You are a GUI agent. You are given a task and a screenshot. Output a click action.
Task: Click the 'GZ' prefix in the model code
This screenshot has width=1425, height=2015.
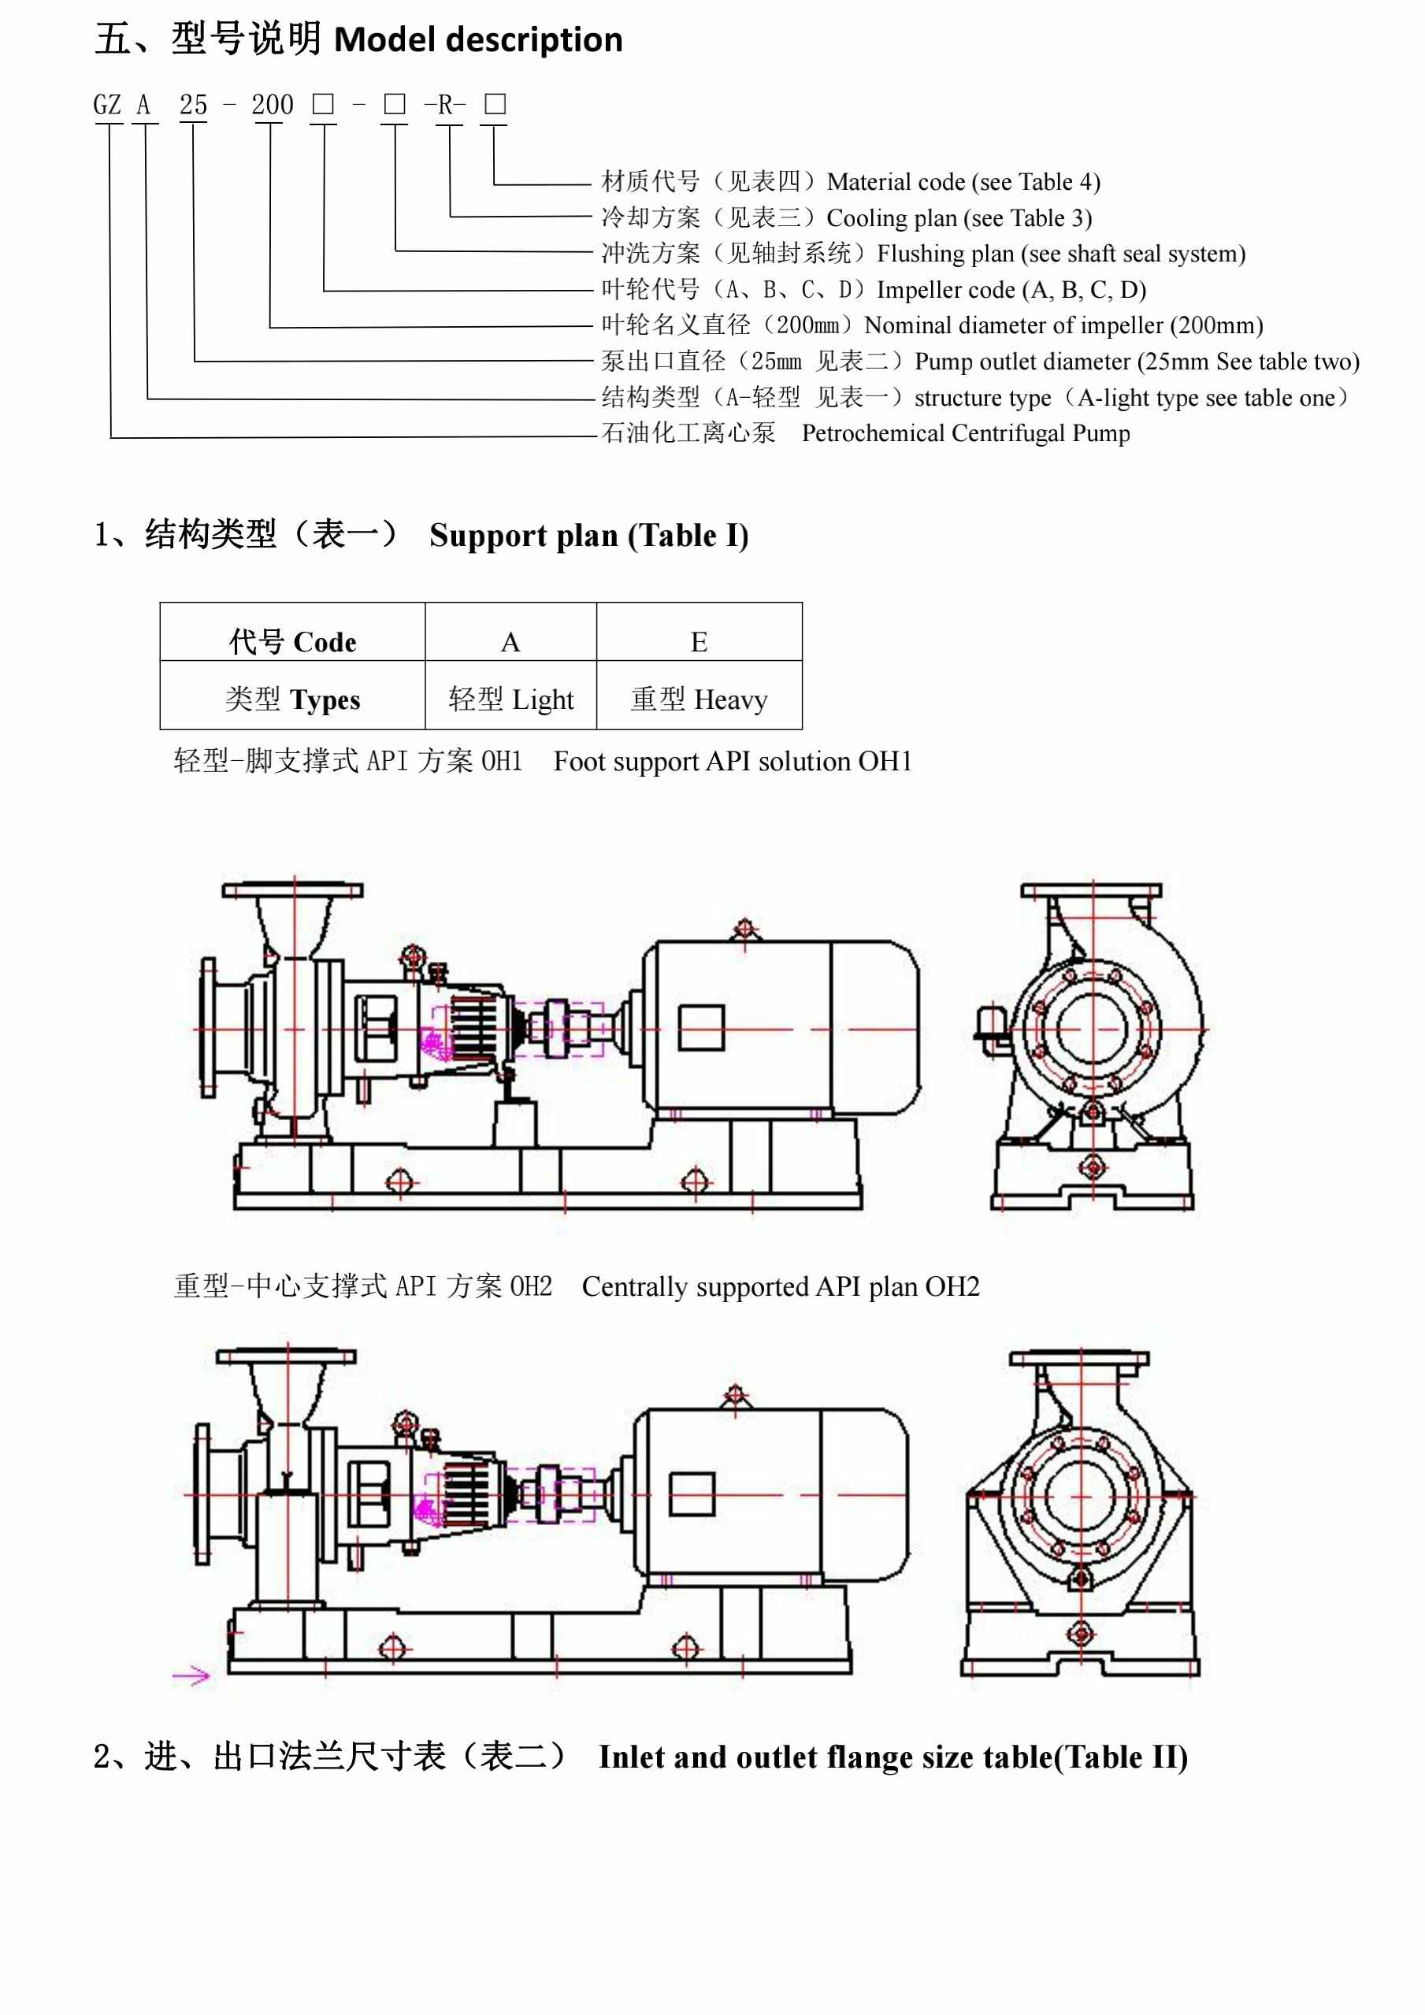107,106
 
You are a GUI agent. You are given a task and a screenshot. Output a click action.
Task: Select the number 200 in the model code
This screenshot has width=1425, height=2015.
272,106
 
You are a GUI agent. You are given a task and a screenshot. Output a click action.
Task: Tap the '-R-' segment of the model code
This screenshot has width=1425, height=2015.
445,106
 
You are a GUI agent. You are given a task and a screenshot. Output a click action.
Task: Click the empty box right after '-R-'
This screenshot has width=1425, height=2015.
495,105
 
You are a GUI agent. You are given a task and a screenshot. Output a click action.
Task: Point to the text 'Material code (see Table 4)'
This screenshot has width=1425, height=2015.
963,182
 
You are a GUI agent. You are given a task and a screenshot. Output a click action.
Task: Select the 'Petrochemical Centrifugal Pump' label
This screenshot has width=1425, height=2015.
965,433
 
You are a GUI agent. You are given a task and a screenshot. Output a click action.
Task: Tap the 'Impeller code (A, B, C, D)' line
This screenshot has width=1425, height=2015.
1011,290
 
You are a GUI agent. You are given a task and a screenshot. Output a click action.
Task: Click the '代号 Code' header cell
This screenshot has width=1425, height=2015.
292,641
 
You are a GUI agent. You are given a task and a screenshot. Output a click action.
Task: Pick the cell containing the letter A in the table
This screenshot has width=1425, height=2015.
510,641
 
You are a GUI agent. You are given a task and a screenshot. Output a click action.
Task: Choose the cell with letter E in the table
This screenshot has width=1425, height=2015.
699,641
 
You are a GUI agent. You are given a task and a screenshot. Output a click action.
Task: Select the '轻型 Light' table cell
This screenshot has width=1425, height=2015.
510,699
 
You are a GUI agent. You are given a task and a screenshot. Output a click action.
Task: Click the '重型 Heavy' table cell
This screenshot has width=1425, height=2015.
699,699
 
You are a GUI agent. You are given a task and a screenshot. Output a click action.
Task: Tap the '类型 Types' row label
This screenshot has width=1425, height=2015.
292,699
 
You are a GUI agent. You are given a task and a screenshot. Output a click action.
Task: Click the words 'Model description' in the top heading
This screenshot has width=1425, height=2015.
478,39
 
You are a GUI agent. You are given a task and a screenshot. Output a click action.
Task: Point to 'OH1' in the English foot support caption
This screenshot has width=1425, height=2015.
885,761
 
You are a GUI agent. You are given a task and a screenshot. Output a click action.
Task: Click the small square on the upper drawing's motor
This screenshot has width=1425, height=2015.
701,1028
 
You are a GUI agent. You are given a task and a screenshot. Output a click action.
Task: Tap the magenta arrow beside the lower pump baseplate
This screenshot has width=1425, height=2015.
191,1676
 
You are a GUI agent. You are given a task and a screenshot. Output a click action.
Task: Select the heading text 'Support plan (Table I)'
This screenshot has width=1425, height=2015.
588,536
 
